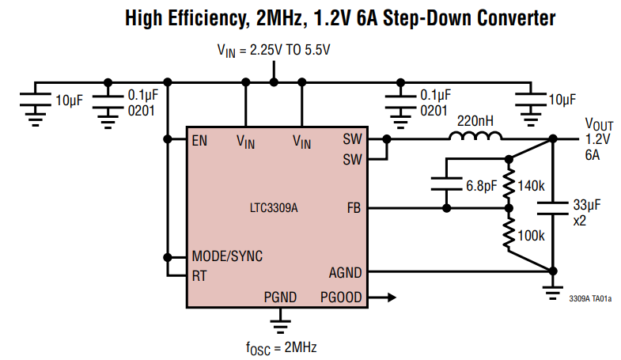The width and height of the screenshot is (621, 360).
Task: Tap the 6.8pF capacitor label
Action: click(x=481, y=186)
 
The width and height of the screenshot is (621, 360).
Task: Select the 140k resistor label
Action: click(x=532, y=186)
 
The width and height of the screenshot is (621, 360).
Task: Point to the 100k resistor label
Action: click(x=532, y=236)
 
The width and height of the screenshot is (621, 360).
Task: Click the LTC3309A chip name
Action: click(x=274, y=210)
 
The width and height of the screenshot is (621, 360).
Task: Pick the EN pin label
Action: click(x=199, y=141)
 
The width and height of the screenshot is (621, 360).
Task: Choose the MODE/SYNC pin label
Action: click(x=227, y=257)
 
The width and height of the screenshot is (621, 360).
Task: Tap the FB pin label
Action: click(x=354, y=209)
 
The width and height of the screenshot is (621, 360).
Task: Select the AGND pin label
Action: click(x=345, y=273)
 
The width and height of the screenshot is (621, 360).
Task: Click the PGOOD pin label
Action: click(x=341, y=298)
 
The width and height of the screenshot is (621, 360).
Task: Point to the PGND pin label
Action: click(x=280, y=298)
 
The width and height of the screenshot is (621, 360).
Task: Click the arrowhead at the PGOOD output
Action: click(x=390, y=298)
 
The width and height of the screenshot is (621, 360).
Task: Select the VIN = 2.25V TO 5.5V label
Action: click(x=274, y=49)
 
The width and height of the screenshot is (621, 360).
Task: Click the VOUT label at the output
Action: click(x=599, y=123)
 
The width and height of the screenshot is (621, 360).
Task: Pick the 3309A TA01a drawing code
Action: click(x=589, y=299)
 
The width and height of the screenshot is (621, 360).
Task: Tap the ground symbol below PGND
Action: click(x=279, y=320)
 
